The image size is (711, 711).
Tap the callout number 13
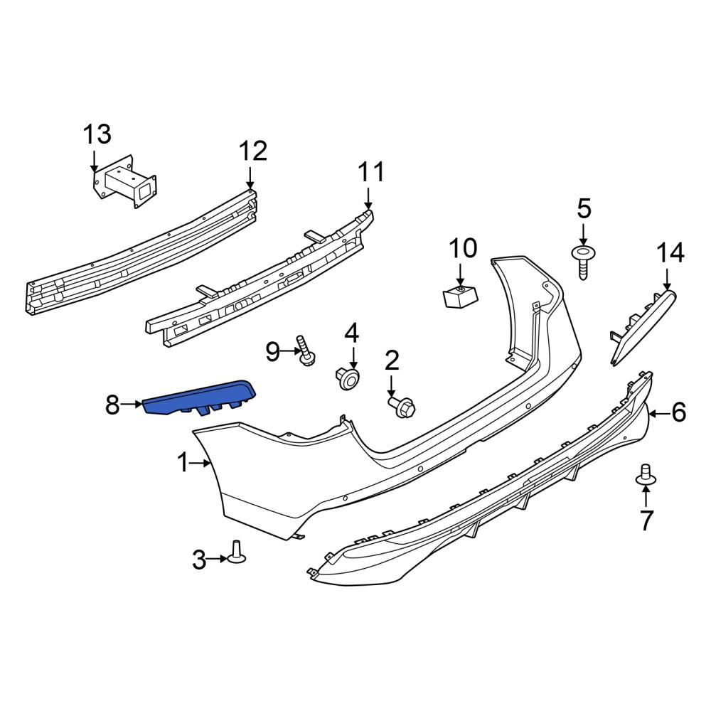97,134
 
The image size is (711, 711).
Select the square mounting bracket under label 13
124,182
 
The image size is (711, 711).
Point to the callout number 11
371,172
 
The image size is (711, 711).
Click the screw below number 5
584,263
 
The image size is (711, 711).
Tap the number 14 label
670,253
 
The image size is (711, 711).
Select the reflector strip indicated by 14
641,327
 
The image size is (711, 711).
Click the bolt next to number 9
306,351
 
